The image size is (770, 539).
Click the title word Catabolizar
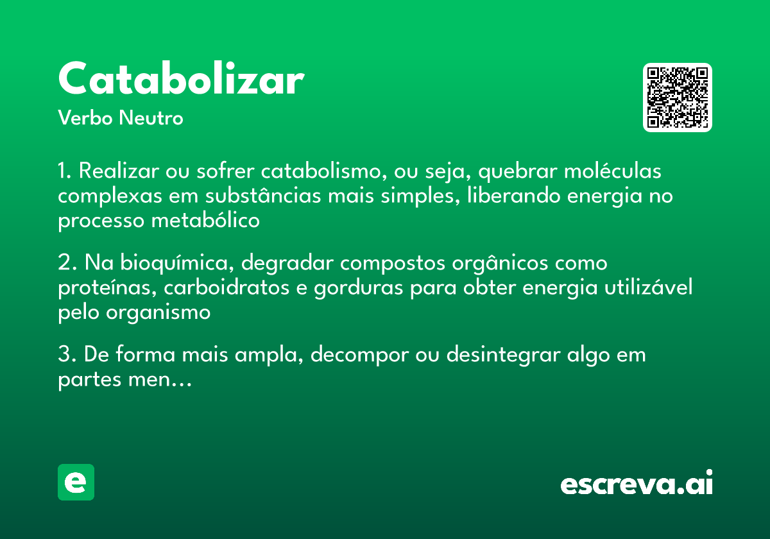[180, 80]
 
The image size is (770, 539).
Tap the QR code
[678, 98]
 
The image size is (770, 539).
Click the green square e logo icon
[76, 483]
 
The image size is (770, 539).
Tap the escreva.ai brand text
[637, 484]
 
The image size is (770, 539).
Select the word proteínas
[105, 288]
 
